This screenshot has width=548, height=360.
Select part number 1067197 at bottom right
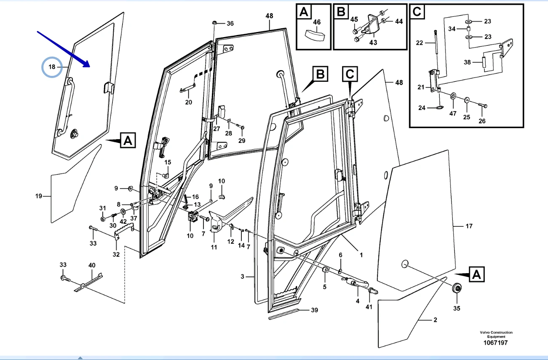pyautogui.click(x=496, y=343)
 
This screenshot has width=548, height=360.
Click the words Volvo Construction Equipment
pyautogui.click(x=496, y=334)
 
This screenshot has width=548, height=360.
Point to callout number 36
pyautogui.click(x=230, y=23)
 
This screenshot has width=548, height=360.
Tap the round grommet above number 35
pyautogui.click(x=456, y=289)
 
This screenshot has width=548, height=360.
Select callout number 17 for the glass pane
pyautogui.click(x=469, y=226)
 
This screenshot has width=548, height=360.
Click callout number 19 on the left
pyautogui.click(x=39, y=196)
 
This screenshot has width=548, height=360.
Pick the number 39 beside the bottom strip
pyautogui.click(x=314, y=310)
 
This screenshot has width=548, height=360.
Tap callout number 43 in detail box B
pyautogui.click(x=373, y=42)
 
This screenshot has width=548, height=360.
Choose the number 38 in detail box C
pyautogui.click(x=467, y=62)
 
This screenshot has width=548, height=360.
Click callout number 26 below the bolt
pyautogui.click(x=482, y=121)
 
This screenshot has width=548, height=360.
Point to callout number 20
pyautogui.click(x=188, y=102)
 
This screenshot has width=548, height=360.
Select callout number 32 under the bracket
pyautogui.click(x=116, y=254)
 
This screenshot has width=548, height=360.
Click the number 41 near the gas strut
pyautogui.click(x=369, y=307)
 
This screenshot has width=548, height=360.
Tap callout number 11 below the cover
pyautogui.click(x=214, y=247)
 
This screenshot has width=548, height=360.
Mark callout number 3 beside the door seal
pyautogui.click(x=243, y=277)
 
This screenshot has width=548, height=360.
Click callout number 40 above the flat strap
pyautogui.click(x=92, y=265)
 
